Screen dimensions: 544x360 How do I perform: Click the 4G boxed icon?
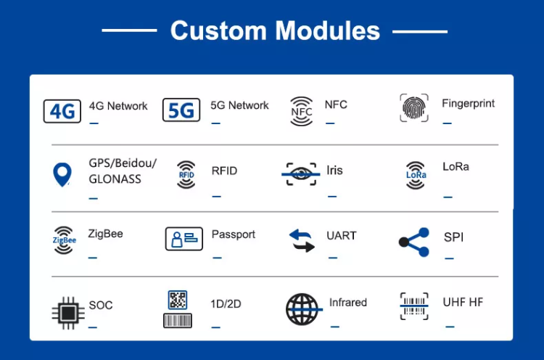(62, 111)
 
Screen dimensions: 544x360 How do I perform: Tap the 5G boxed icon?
(181, 110)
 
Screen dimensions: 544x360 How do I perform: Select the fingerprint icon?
(414, 108)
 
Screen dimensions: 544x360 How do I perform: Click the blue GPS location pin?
(62, 175)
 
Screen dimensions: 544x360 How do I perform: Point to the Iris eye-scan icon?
(300, 173)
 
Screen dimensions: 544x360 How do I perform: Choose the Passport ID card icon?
(184, 239)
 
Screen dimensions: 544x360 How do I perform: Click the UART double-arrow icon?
(302, 240)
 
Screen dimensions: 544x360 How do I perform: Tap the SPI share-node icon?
(414, 242)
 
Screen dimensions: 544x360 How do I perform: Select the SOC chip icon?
(68, 313)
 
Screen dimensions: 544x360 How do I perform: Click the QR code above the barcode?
(178, 300)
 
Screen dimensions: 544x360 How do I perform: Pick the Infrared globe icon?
(302, 309)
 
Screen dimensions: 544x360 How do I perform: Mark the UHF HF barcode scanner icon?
(414, 306)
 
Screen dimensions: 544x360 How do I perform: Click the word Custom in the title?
(218, 30)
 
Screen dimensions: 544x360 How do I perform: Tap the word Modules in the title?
(328, 30)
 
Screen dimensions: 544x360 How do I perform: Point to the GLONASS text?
(115, 179)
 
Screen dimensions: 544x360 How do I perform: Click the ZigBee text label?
(105, 234)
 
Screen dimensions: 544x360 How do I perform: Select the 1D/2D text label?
(226, 304)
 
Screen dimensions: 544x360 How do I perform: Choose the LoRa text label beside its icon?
(456, 167)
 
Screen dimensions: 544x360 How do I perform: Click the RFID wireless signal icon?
(186, 175)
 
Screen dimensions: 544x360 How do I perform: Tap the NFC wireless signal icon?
(301, 111)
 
